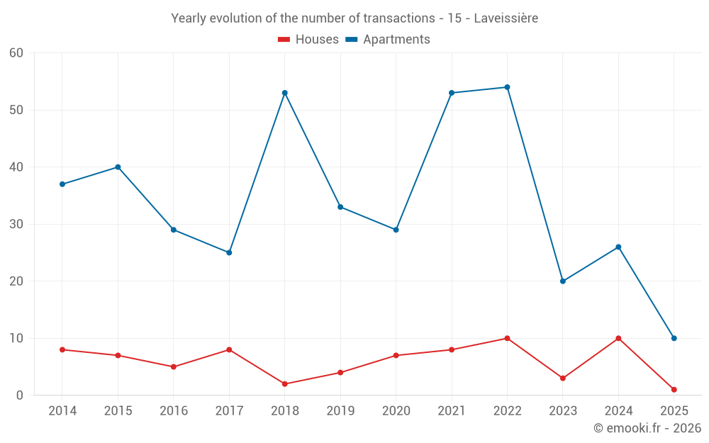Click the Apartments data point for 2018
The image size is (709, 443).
[x=285, y=93]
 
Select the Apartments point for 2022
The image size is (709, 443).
[x=507, y=87]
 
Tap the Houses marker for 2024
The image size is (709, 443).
[x=618, y=338]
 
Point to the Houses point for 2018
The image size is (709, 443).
[x=285, y=384]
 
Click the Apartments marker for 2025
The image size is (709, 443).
[x=674, y=338]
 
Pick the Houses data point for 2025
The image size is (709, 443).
[x=674, y=390]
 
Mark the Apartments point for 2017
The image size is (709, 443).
[x=229, y=252]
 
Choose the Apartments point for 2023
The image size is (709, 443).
[x=563, y=281]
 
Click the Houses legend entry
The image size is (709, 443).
[x=308, y=40]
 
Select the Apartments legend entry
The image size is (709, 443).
[x=388, y=40]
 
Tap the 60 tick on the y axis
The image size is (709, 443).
[x=16, y=53]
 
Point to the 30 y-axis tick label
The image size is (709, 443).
[x=16, y=224]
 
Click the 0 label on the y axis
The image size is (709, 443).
[x=20, y=396]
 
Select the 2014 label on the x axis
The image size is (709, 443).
[x=62, y=411]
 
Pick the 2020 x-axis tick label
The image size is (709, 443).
[x=396, y=411]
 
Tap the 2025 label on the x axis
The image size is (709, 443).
[x=674, y=411]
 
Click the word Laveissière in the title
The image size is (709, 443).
[x=506, y=18]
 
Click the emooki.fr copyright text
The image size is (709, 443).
[x=647, y=428]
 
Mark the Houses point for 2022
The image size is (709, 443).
[x=507, y=338]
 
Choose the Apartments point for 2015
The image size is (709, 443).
[x=118, y=167]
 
